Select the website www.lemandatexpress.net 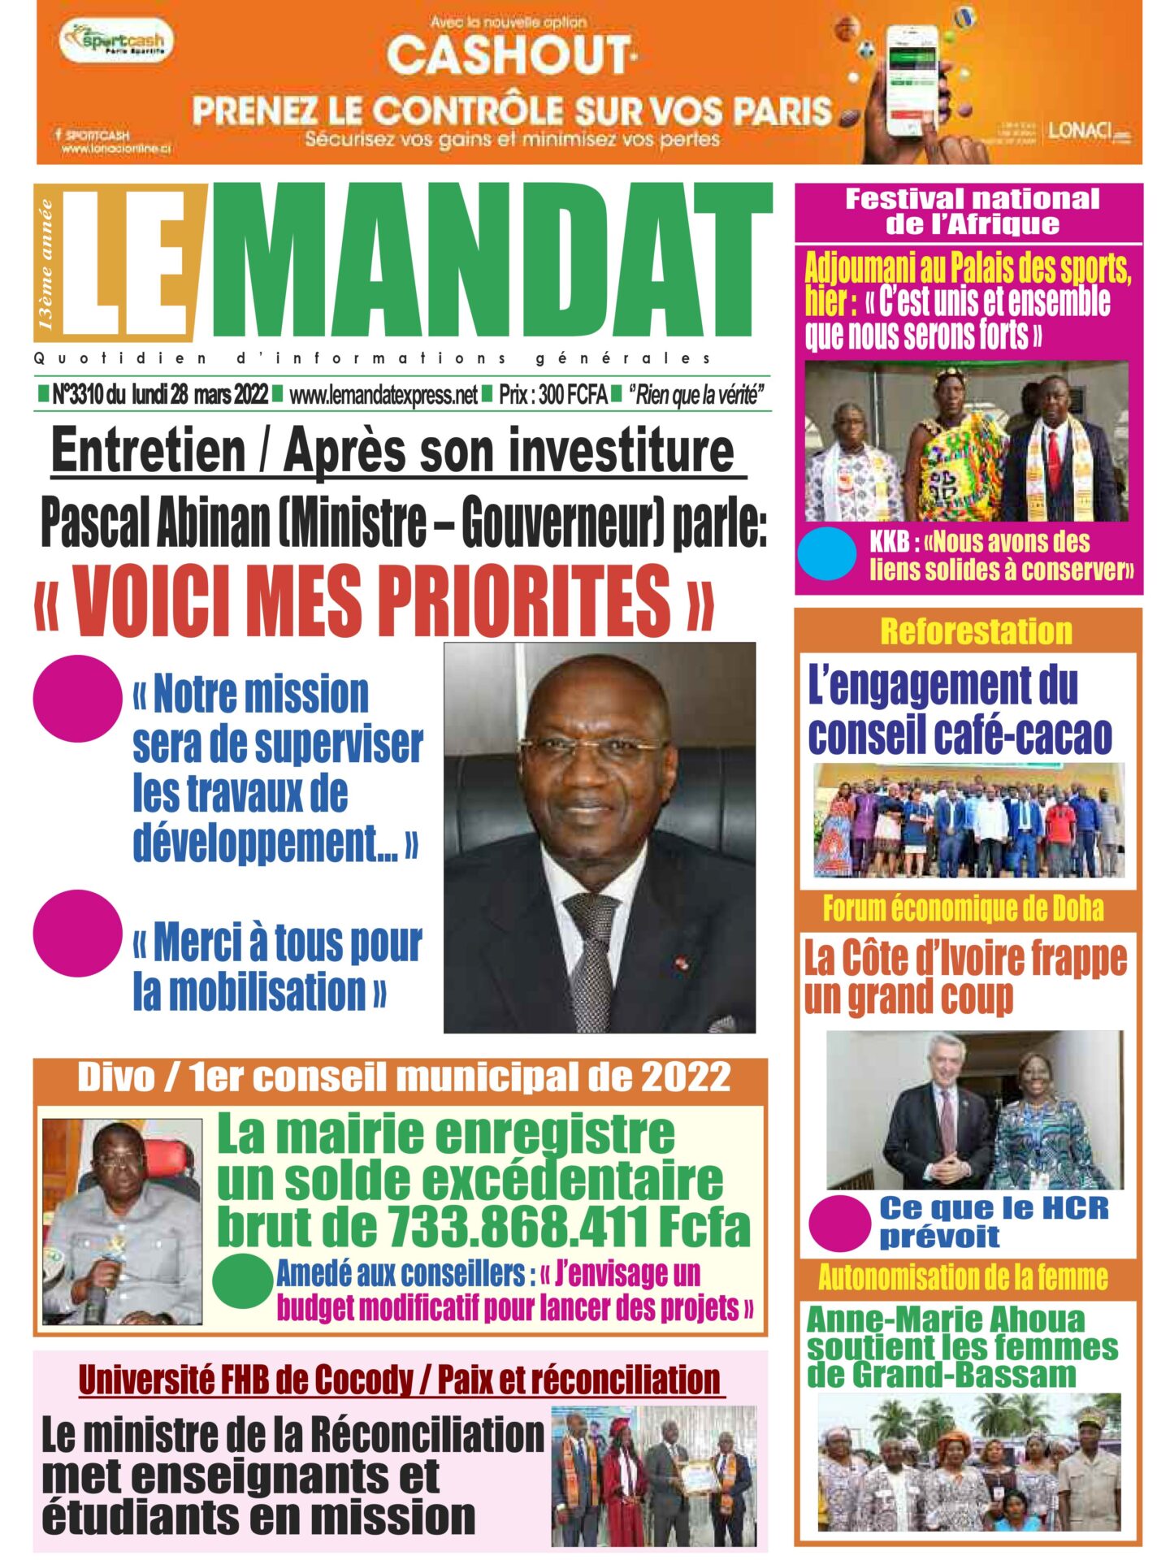[x=383, y=396]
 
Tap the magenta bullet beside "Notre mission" [x=77, y=698]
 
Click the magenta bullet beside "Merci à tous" [x=77, y=933]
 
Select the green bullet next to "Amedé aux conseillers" [x=242, y=1281]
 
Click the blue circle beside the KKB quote [x=827, y=554]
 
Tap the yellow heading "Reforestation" [x=976, y=631]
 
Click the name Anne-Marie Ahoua [x=945, y=1320]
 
